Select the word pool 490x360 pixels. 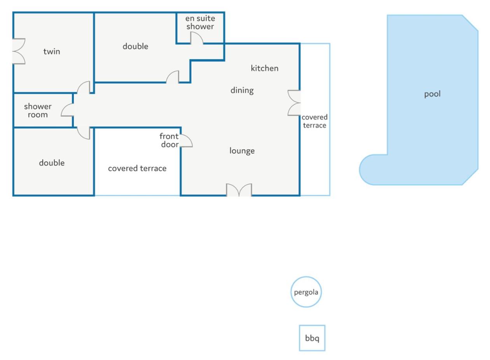pos(432,94)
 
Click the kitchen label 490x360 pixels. pos(264,68)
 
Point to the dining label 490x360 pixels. pos(242,90)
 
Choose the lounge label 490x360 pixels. pos(242,151)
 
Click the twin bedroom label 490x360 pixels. pos(52,51)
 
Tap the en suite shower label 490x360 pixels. pos(200,22)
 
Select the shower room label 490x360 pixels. pos(38,110)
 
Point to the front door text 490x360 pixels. pos(169,140)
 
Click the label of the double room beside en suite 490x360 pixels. pos(135,46)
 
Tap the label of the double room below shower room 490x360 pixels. pos(52,163)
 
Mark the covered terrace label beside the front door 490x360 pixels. pos(137,168)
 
